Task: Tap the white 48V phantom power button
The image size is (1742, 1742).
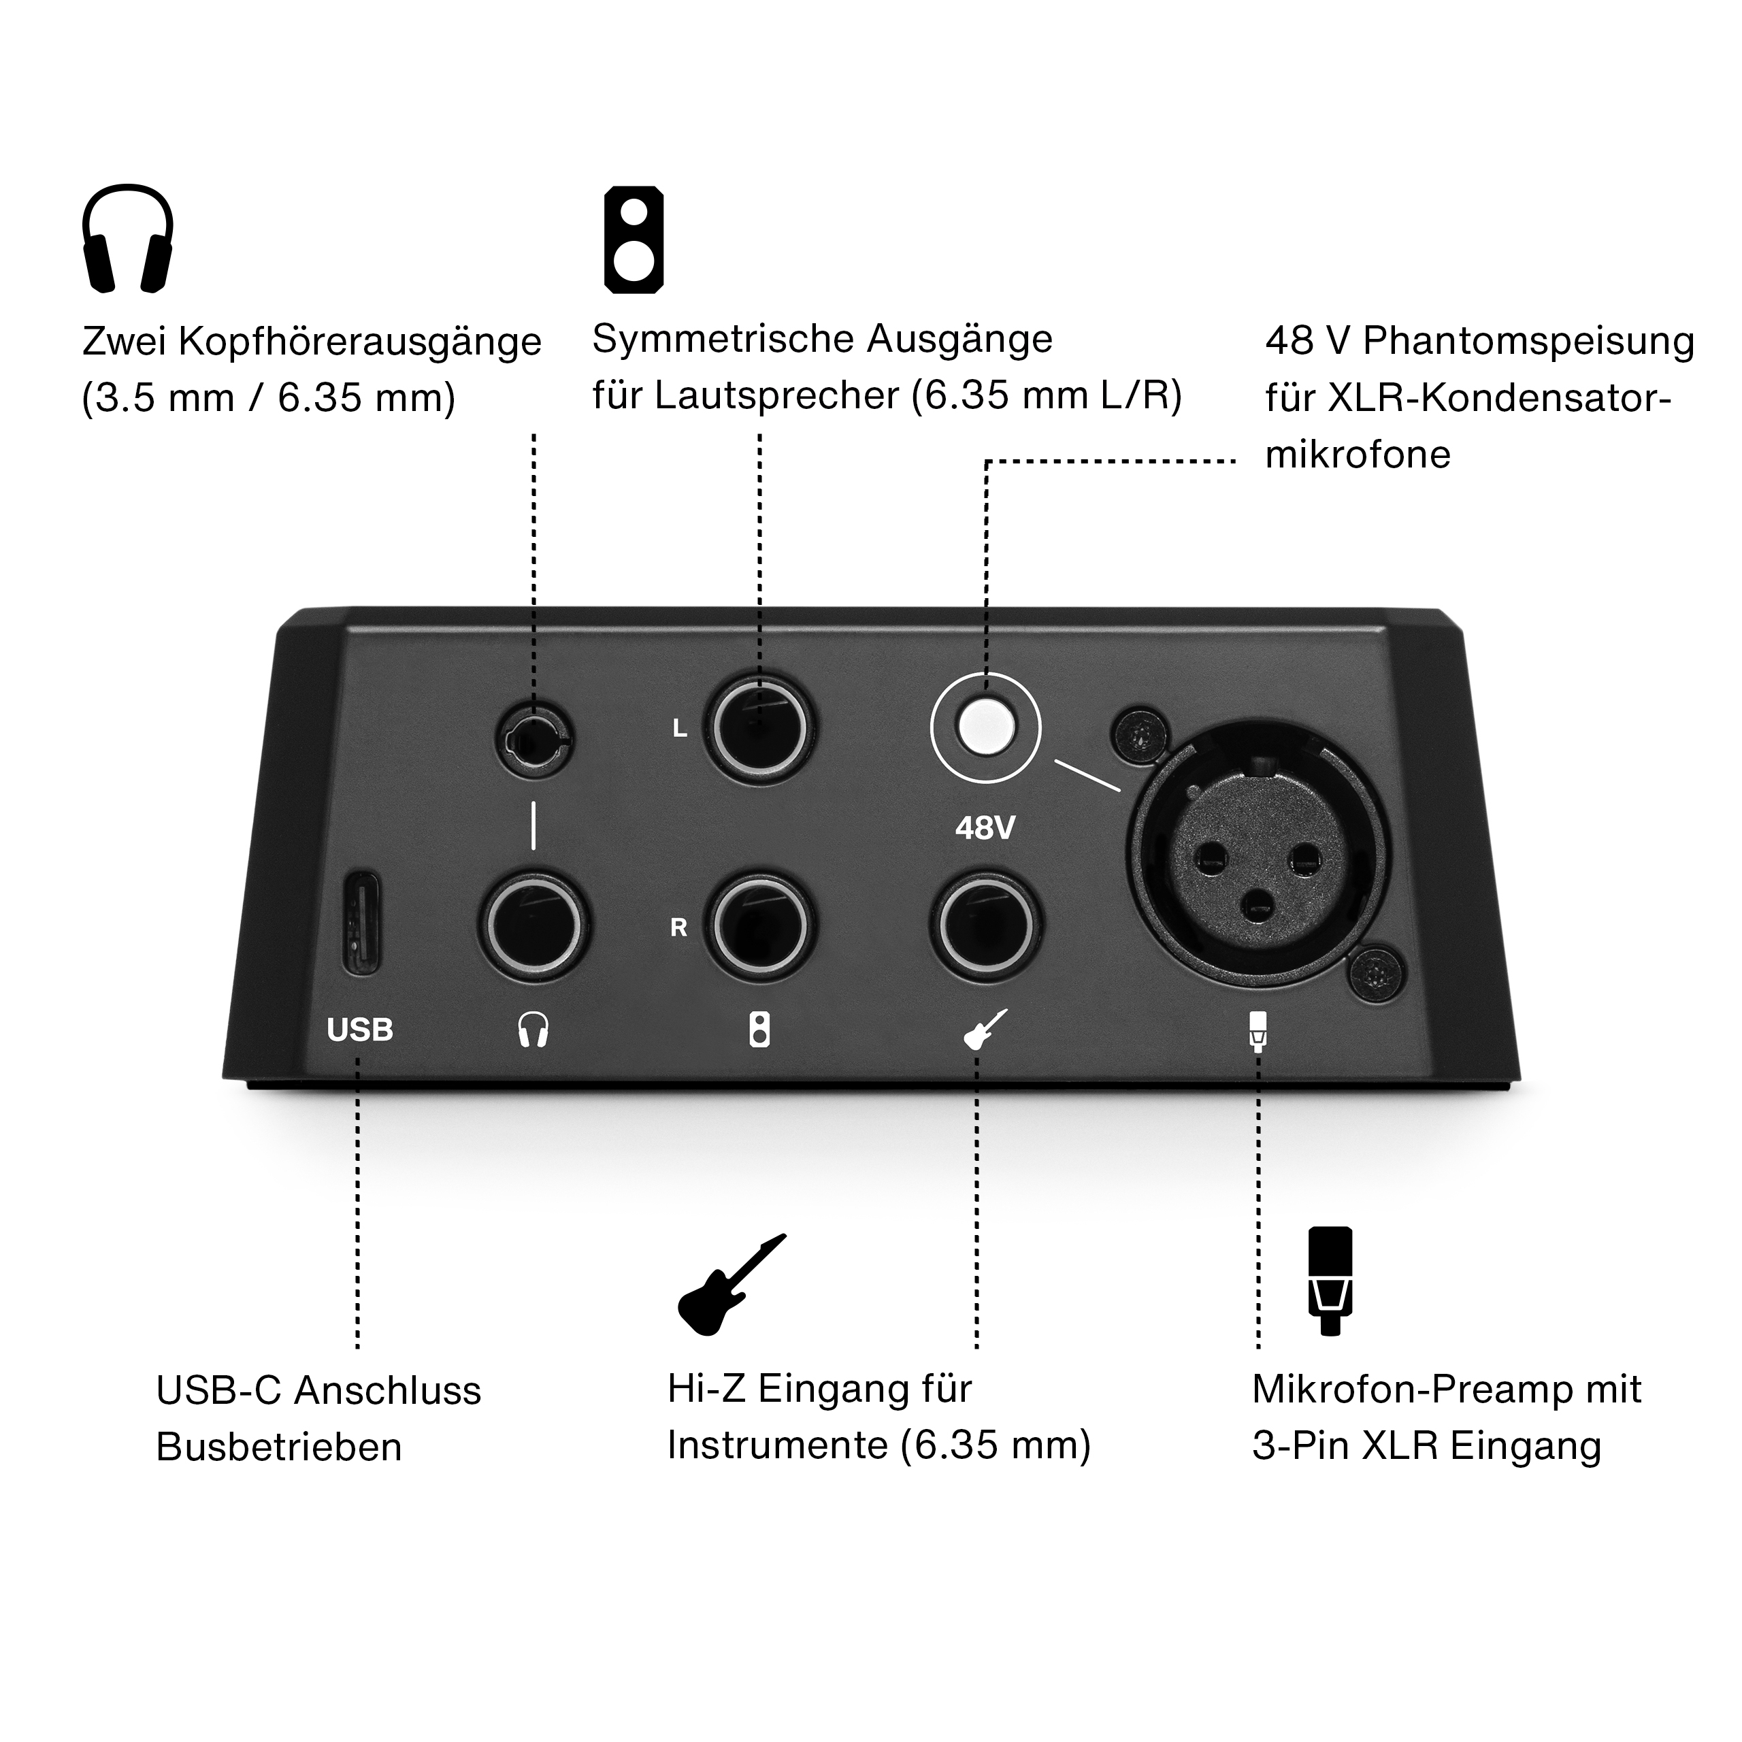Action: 985,726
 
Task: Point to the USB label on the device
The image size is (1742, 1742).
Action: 360,1030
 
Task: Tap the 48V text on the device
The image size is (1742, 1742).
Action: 985,827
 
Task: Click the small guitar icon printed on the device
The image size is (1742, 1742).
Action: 985,1029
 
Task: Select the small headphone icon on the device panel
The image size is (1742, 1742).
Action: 533,1030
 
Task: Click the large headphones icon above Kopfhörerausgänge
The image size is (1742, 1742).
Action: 128,239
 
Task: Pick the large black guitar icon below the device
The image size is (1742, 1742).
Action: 732,1285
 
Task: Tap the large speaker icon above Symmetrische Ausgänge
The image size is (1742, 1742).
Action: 634,240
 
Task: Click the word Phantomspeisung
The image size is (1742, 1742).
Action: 1528,342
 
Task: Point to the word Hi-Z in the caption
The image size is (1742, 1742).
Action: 706,1389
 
